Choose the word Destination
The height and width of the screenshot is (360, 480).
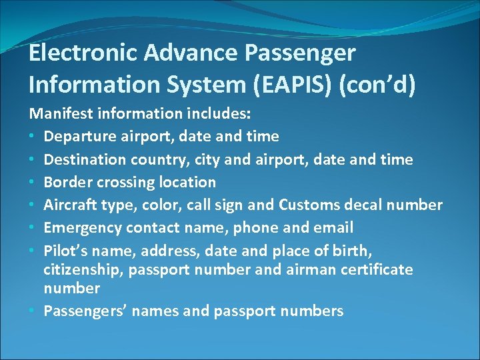[x=85, y=159]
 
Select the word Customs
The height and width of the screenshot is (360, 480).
[x=309, y=205]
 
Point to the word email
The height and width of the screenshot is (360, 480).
[x=333, y=227]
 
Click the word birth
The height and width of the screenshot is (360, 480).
[x=351, y=250]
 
